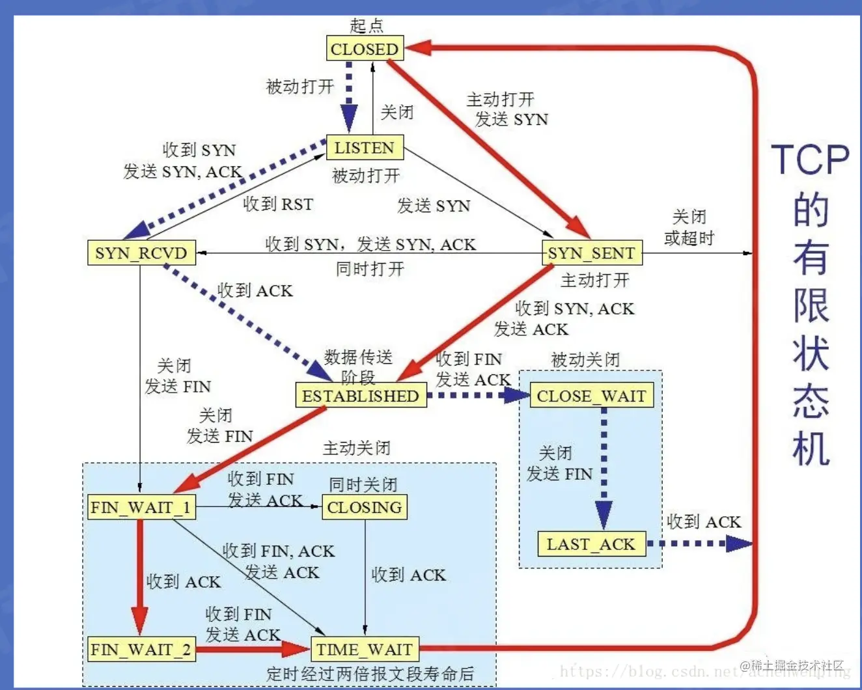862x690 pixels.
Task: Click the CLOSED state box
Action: point(365,49)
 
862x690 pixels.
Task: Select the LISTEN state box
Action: point(365,148)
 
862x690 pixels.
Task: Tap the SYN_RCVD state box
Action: point(141,253)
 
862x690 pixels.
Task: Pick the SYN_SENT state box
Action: point(591,253)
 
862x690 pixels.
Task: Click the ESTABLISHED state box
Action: point(361,396)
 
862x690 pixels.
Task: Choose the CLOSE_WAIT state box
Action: point(591,396)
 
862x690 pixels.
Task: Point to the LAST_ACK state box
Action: point(591,544)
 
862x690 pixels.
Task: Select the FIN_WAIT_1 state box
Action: point(141,507)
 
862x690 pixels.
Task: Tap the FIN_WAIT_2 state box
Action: point(141,649)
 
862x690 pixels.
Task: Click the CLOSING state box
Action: point(365,507)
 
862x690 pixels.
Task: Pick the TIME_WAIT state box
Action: point(365,649)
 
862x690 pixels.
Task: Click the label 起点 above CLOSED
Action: point(367,25)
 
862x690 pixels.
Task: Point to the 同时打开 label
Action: point(370,269)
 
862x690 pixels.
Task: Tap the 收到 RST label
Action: point(278,204)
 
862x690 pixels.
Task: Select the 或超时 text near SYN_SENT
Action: point(689,238)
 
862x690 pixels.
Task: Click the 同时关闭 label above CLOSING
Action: point(363,484)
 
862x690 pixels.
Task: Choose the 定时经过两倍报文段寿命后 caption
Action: point(370,674)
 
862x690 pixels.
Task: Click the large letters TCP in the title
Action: point(811,159)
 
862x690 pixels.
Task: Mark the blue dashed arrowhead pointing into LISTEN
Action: point(349,120)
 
